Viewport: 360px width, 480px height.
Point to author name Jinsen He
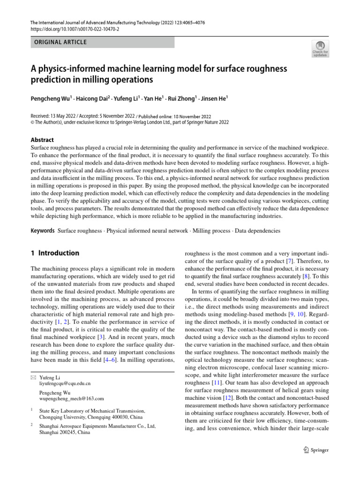pyautogui.click(x=213, y=98)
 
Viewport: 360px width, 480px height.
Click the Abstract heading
pyautogui.click(x=42, y=140)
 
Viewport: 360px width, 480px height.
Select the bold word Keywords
pyautogui.click(x=43, y=231)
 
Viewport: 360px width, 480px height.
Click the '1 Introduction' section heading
pyautogui.click(x=55, y=253)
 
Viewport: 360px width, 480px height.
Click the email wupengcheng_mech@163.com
pyautogui.click(x=71, y=398)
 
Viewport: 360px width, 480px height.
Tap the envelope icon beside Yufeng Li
pyautogui.click(x=32, y=377)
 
